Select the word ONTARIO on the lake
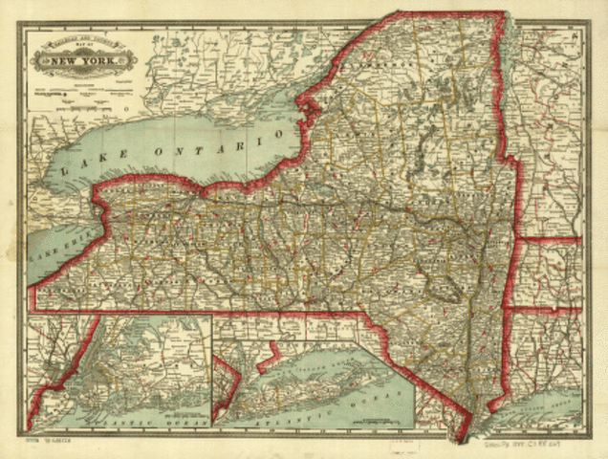point(219,136)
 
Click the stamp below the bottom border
point(398,442)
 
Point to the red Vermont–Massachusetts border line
point(550,239)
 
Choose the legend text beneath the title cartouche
point(84,96)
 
